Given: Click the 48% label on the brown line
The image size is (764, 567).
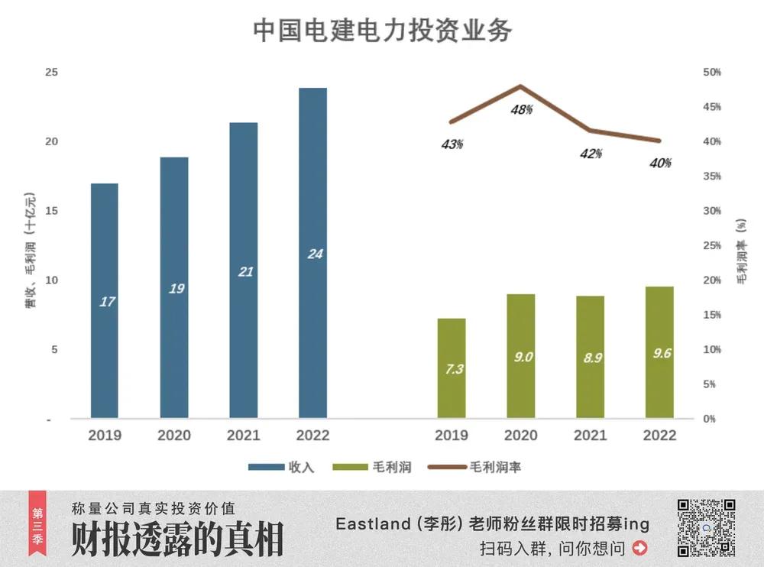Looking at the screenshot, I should coord(522,109).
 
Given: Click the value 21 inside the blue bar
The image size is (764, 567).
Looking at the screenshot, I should coord(245,271).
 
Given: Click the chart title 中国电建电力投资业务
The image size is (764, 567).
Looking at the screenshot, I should coord(382,30).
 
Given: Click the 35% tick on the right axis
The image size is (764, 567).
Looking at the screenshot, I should coord(711,176).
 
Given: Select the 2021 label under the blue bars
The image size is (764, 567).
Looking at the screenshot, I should coord(243,436).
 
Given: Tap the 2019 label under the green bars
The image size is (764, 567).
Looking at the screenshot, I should coord(452,436).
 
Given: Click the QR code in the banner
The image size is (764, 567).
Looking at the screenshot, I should coord(706,527).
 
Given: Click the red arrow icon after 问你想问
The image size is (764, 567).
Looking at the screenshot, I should coord(640,547).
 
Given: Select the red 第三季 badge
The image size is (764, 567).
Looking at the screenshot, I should coord(37,526).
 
